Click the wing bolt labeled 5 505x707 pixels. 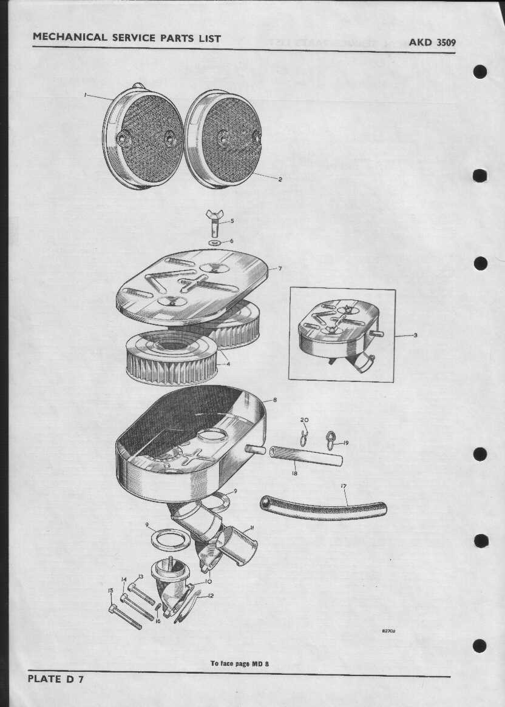[214, 223]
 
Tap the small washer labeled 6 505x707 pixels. [214, 243]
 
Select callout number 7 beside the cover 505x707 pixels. [280, 268]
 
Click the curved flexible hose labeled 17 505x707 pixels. [323, 508]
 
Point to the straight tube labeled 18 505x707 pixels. [306, 457]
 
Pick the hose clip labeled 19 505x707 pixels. [331, 440]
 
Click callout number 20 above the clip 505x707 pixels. [305, 420]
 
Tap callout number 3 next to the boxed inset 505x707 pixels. [415, 335]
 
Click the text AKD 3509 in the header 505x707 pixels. [432, 42]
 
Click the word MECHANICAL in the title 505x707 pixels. [70, 37]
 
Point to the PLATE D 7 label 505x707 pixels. [55, 679]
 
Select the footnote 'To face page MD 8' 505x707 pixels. [240, 663]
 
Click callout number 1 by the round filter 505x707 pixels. [85, 95]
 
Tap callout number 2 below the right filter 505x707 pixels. [280, 179]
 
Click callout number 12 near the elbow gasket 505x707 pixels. [210, 595]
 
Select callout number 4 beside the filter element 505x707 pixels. [228, 363]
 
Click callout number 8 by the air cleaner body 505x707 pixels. [275, 400]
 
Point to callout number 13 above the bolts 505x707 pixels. [141, 576]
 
